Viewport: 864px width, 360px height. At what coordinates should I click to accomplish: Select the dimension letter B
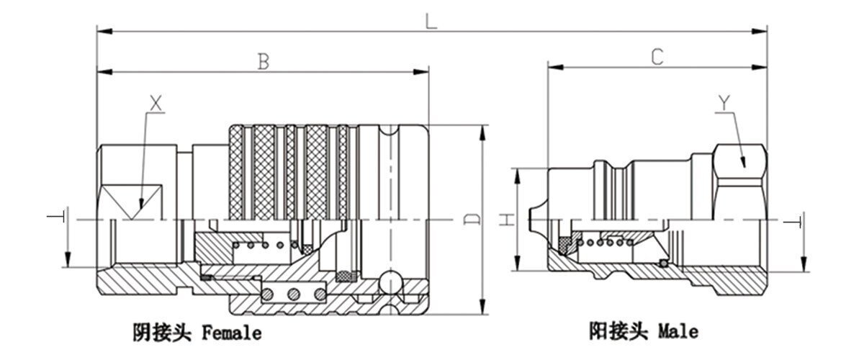264,62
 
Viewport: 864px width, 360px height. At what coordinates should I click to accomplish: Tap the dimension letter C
657,57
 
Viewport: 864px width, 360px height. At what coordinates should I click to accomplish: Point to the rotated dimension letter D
473,219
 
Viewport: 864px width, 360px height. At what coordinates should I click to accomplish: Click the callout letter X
156,104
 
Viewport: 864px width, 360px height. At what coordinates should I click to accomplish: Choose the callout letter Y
724,103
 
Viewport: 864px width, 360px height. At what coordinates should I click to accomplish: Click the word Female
232,333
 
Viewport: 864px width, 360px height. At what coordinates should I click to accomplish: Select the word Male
678,331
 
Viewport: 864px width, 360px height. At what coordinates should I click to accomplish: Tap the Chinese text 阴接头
162,332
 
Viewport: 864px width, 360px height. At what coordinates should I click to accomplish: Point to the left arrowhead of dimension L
104,31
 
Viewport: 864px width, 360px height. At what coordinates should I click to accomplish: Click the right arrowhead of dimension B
420,72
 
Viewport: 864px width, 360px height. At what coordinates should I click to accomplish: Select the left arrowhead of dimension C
555,68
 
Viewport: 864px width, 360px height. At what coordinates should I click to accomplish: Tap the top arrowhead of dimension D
482,132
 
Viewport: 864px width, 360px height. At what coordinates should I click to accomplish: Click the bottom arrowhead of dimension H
517,263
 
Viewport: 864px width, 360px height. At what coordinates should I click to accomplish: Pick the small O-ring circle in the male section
663,263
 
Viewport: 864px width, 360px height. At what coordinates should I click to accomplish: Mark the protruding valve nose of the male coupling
538,220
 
